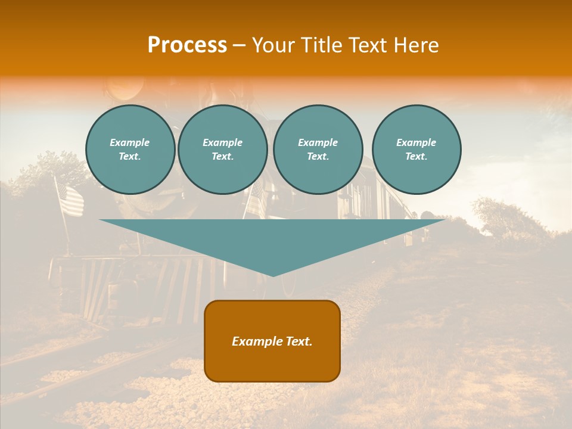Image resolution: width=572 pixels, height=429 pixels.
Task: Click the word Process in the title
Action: pyautogui.click(x=187, y=45)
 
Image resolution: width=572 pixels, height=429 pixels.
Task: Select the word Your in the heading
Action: pyautogui.click(x=273, y=45)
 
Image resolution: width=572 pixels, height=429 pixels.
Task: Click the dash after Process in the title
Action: pyautogui.click(x=240, y=46)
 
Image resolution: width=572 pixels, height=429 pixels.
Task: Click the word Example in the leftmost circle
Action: pyautogui.click(x=130, y=142)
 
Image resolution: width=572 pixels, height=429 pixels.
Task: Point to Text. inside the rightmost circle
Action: pyautogui.click(x=416, y=156)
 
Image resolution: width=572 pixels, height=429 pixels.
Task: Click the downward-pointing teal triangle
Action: pyautogui.click(x=272, y=241)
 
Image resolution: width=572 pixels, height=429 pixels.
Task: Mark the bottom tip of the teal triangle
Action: pyautogui.click(x=273, y=275)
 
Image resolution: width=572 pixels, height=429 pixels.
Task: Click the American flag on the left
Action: pyautogui.click(x=69, y=200)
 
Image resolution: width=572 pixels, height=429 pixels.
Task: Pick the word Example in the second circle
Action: pyautogui.click(x=223, y=142)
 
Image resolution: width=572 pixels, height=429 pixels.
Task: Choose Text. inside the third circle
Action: pyautogui.click(x=318, y=156)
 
